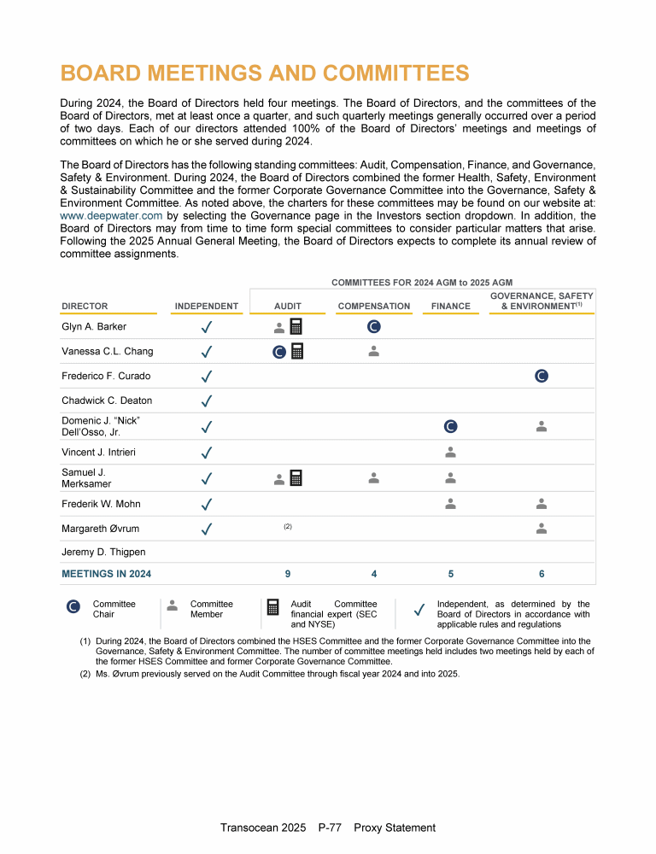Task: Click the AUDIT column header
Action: pyautogui.click(x=287, y=306)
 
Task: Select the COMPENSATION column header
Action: pyautogui.click(x=374, y=306)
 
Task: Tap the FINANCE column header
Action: pyautogui.click(x=450, y=306)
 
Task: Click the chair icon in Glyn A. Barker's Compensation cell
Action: pyautogui.click(x=373, y=326)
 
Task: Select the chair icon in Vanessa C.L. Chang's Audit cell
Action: pyautogui.click(x=279, y=351)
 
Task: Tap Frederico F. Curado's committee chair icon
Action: pyautogui.click(x=541, y=376)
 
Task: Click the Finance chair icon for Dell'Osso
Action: pyautogui.click(x=450, y=426)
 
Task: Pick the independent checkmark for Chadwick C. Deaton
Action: pyautogui.click(x=207, y=401)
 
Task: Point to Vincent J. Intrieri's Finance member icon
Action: pyautogui.click(x=450, y=451)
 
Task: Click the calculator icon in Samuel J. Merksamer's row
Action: pyautogui.click(x=296, y=478)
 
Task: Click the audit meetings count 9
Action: pyautogui.click(x=288, y=574)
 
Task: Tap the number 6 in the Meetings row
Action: pyautogui.click(x=542, y=574)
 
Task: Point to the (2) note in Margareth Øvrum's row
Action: pyautogui.click(x=288, y=527)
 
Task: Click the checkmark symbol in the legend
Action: pyautogui.click(x=419, y=610)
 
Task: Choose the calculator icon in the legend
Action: pyautogui.click(x=273, y=607)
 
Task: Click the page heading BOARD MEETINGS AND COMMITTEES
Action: pyautogui.click(x=265, y=73)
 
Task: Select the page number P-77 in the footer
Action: pyautogui.click(x=330, y=828)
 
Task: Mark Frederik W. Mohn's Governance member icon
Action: pyautogui.click(x=541, y=504)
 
